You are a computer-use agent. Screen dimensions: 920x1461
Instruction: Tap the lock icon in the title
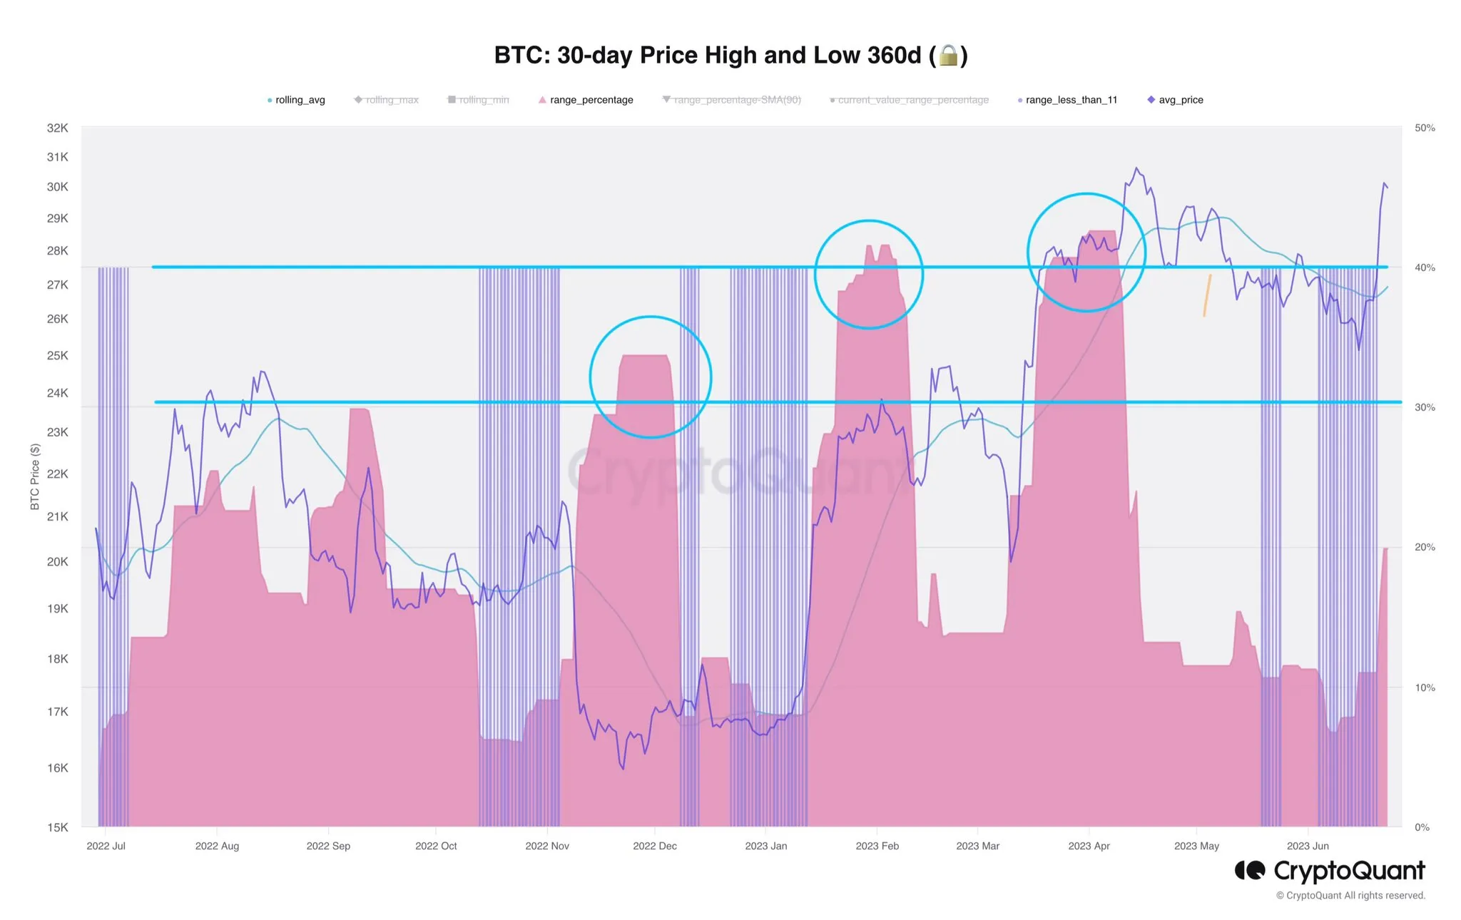coord(948,55)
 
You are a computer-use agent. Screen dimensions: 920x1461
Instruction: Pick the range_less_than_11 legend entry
coord(1071,100)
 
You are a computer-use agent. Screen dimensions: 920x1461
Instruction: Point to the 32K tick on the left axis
coord(58,128)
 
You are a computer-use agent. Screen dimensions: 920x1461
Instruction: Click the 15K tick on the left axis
coord(58,827)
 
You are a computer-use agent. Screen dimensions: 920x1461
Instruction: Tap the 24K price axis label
coord(58,393)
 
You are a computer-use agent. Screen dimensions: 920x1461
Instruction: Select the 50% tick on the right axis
coord(1425,128)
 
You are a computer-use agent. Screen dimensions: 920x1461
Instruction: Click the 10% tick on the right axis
coord(1425,688)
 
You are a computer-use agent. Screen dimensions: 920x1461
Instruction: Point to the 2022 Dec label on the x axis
coord(655,846)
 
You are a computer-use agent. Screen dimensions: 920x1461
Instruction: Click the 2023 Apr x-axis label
coord(1089,846)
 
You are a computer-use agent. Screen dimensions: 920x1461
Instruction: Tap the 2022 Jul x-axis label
coord(106,846)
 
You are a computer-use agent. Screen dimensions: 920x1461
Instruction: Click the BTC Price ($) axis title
coord(35,476)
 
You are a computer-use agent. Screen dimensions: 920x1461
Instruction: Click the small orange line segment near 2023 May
coord(1207,295)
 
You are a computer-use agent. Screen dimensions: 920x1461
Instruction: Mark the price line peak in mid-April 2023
coord(1136,168)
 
